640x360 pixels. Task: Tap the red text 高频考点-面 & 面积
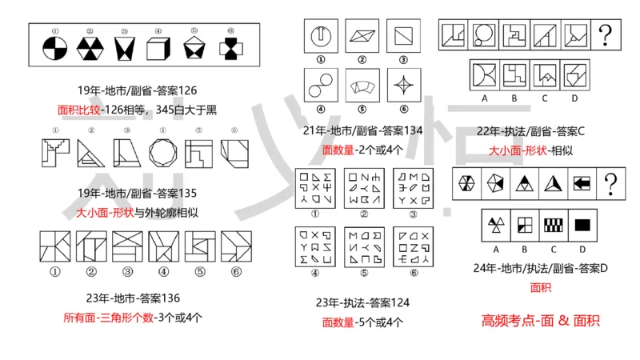pos(541,321)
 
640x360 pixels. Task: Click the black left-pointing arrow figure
pos(582,183)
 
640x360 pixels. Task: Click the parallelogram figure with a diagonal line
pos(361,36)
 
